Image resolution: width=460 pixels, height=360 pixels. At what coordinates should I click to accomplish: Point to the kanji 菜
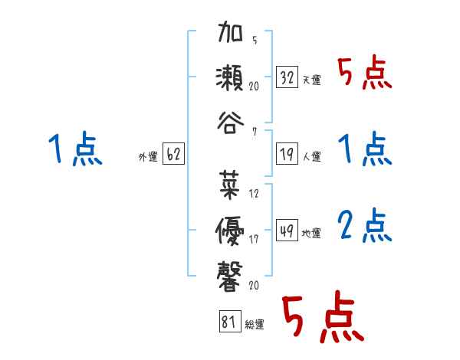coord(231,184)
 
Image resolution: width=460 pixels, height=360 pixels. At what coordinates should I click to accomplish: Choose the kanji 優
coord(231,228)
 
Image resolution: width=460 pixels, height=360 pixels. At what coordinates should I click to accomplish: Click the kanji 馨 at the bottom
coord(231,273)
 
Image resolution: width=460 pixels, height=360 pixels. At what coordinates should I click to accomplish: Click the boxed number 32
coord(287,77)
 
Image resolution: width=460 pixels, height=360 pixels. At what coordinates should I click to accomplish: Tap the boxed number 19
coord(287,154)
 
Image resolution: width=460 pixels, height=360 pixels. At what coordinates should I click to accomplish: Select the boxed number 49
coord(287,229)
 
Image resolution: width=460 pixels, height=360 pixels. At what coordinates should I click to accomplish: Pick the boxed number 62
coord(173,154)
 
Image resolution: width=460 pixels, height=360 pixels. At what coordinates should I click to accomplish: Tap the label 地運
coord(311,232)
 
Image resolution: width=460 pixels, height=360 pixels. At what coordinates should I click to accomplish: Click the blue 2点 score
coord(365,226)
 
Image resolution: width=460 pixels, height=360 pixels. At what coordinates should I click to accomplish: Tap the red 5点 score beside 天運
coord(365,74)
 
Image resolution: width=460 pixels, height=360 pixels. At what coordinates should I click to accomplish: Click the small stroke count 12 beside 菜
coord(255,193)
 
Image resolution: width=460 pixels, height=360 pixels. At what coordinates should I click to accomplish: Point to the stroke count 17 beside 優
coord(255,239)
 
